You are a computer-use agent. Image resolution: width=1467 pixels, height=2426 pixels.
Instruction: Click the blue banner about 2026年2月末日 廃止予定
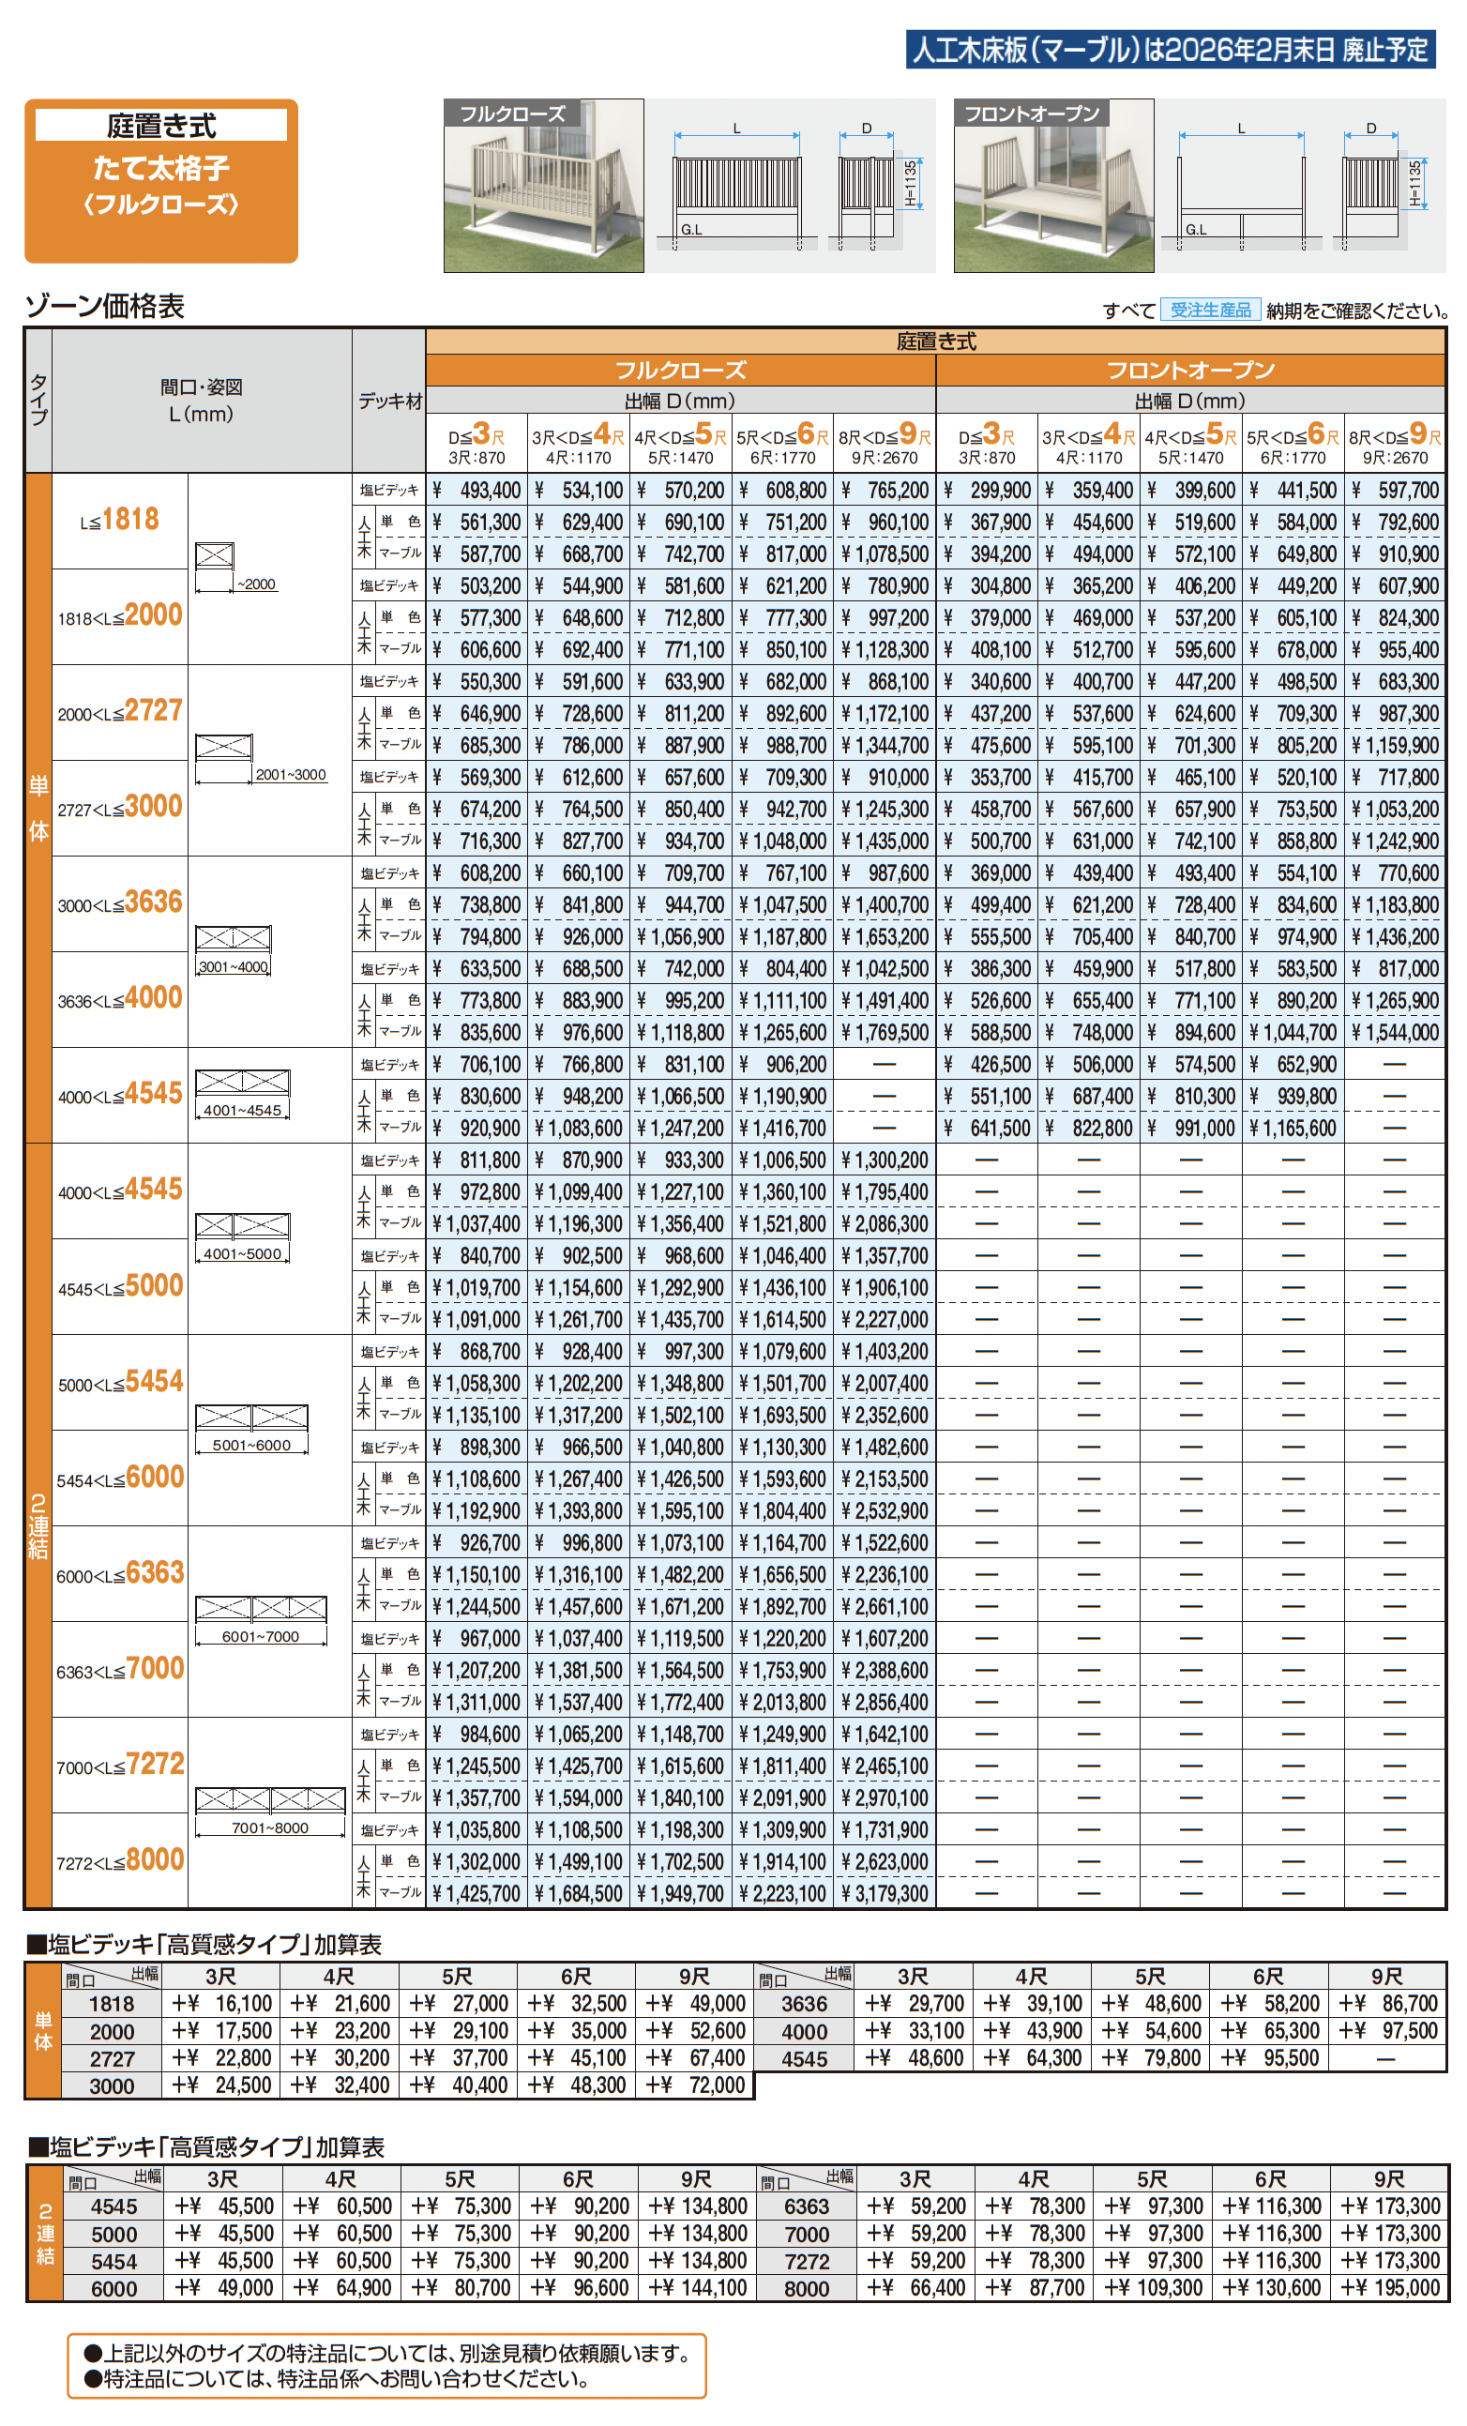1170,49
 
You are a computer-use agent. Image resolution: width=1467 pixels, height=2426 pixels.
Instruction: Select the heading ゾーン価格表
104,306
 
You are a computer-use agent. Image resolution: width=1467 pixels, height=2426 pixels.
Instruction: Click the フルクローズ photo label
513,114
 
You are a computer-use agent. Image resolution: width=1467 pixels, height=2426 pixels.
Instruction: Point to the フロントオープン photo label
1031,114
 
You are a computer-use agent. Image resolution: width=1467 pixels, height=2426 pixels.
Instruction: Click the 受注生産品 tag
1210,311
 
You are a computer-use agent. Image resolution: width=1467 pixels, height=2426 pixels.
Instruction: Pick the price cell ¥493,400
477,491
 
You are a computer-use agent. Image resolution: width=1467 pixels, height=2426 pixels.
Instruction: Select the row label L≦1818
120,520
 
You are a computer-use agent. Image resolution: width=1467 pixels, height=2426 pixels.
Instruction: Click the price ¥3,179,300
885,1893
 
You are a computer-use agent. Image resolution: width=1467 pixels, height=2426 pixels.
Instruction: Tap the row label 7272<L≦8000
120,1861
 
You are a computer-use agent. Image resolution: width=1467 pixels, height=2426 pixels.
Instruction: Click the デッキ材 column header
389,401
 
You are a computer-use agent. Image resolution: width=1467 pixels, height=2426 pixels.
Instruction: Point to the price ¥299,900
988,491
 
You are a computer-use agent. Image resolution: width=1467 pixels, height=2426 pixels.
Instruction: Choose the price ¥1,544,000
1394,1033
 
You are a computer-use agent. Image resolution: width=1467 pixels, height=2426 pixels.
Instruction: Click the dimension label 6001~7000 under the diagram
260,1636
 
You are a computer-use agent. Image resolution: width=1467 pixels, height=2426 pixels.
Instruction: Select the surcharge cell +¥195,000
1390,2288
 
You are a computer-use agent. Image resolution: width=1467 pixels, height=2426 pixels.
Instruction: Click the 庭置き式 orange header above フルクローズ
935,341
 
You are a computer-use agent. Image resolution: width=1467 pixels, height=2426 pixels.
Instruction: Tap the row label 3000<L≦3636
120,903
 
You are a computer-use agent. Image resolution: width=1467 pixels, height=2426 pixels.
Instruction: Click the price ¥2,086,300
885,1224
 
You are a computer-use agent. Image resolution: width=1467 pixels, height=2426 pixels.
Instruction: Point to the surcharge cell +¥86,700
1387,2004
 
